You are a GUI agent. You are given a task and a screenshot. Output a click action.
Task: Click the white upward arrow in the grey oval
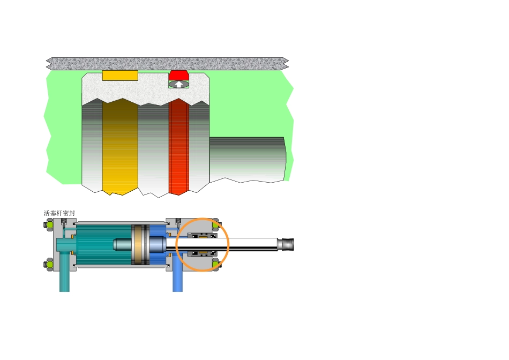pyautogui.click(x=178, y=85)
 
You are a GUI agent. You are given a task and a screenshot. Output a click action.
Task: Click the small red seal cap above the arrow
pyautogui.click(x=178, y=75)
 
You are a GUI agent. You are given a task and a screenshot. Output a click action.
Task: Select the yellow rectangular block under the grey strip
pyautogui.click(x=120, y=76)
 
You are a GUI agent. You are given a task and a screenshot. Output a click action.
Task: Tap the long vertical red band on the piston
pyautogui.click(x=179, y=147)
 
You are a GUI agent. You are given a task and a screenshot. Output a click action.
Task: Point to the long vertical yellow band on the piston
pyautogui.click(x=120, y=147)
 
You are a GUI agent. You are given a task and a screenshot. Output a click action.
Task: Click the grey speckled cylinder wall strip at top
pyautogui.click(x=167, y=64)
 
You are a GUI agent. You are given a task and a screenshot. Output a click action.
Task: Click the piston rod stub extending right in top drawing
pyautogui.click(x=248, y=159)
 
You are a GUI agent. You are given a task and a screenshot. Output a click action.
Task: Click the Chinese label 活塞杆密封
pyautogui.click(x=59, y=213)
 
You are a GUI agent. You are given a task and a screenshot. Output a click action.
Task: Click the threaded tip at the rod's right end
pyautogui.click(x=287, y=244)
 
